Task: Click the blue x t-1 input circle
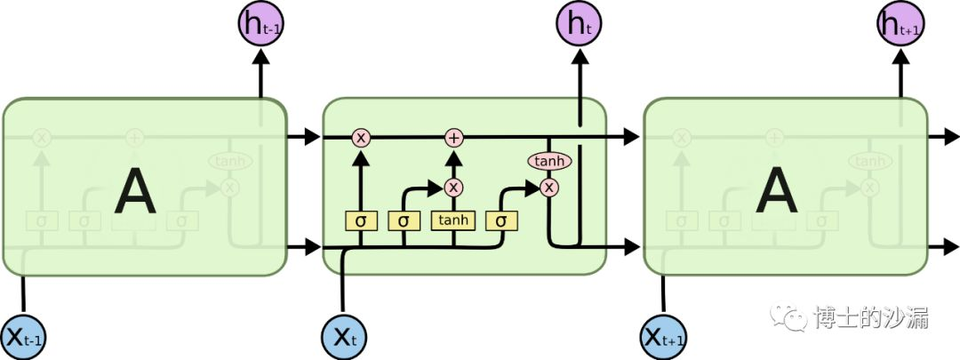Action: [24, 337]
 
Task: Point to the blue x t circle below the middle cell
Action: [344, 337]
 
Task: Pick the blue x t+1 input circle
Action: [663, 337]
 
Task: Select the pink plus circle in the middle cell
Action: [454, 137]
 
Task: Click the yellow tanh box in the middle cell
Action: [454, 220]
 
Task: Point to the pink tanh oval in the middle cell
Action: [549, 161]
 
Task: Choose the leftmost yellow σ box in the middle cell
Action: [361, 220]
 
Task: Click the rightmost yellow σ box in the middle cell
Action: [500, 220]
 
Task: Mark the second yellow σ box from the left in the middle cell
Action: [404, 220]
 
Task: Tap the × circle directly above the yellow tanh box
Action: [454, 187]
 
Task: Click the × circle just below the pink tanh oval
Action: [549, 187]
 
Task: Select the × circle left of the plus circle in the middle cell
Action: [361, 137]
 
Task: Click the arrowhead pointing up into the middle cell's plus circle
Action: [454, 153]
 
